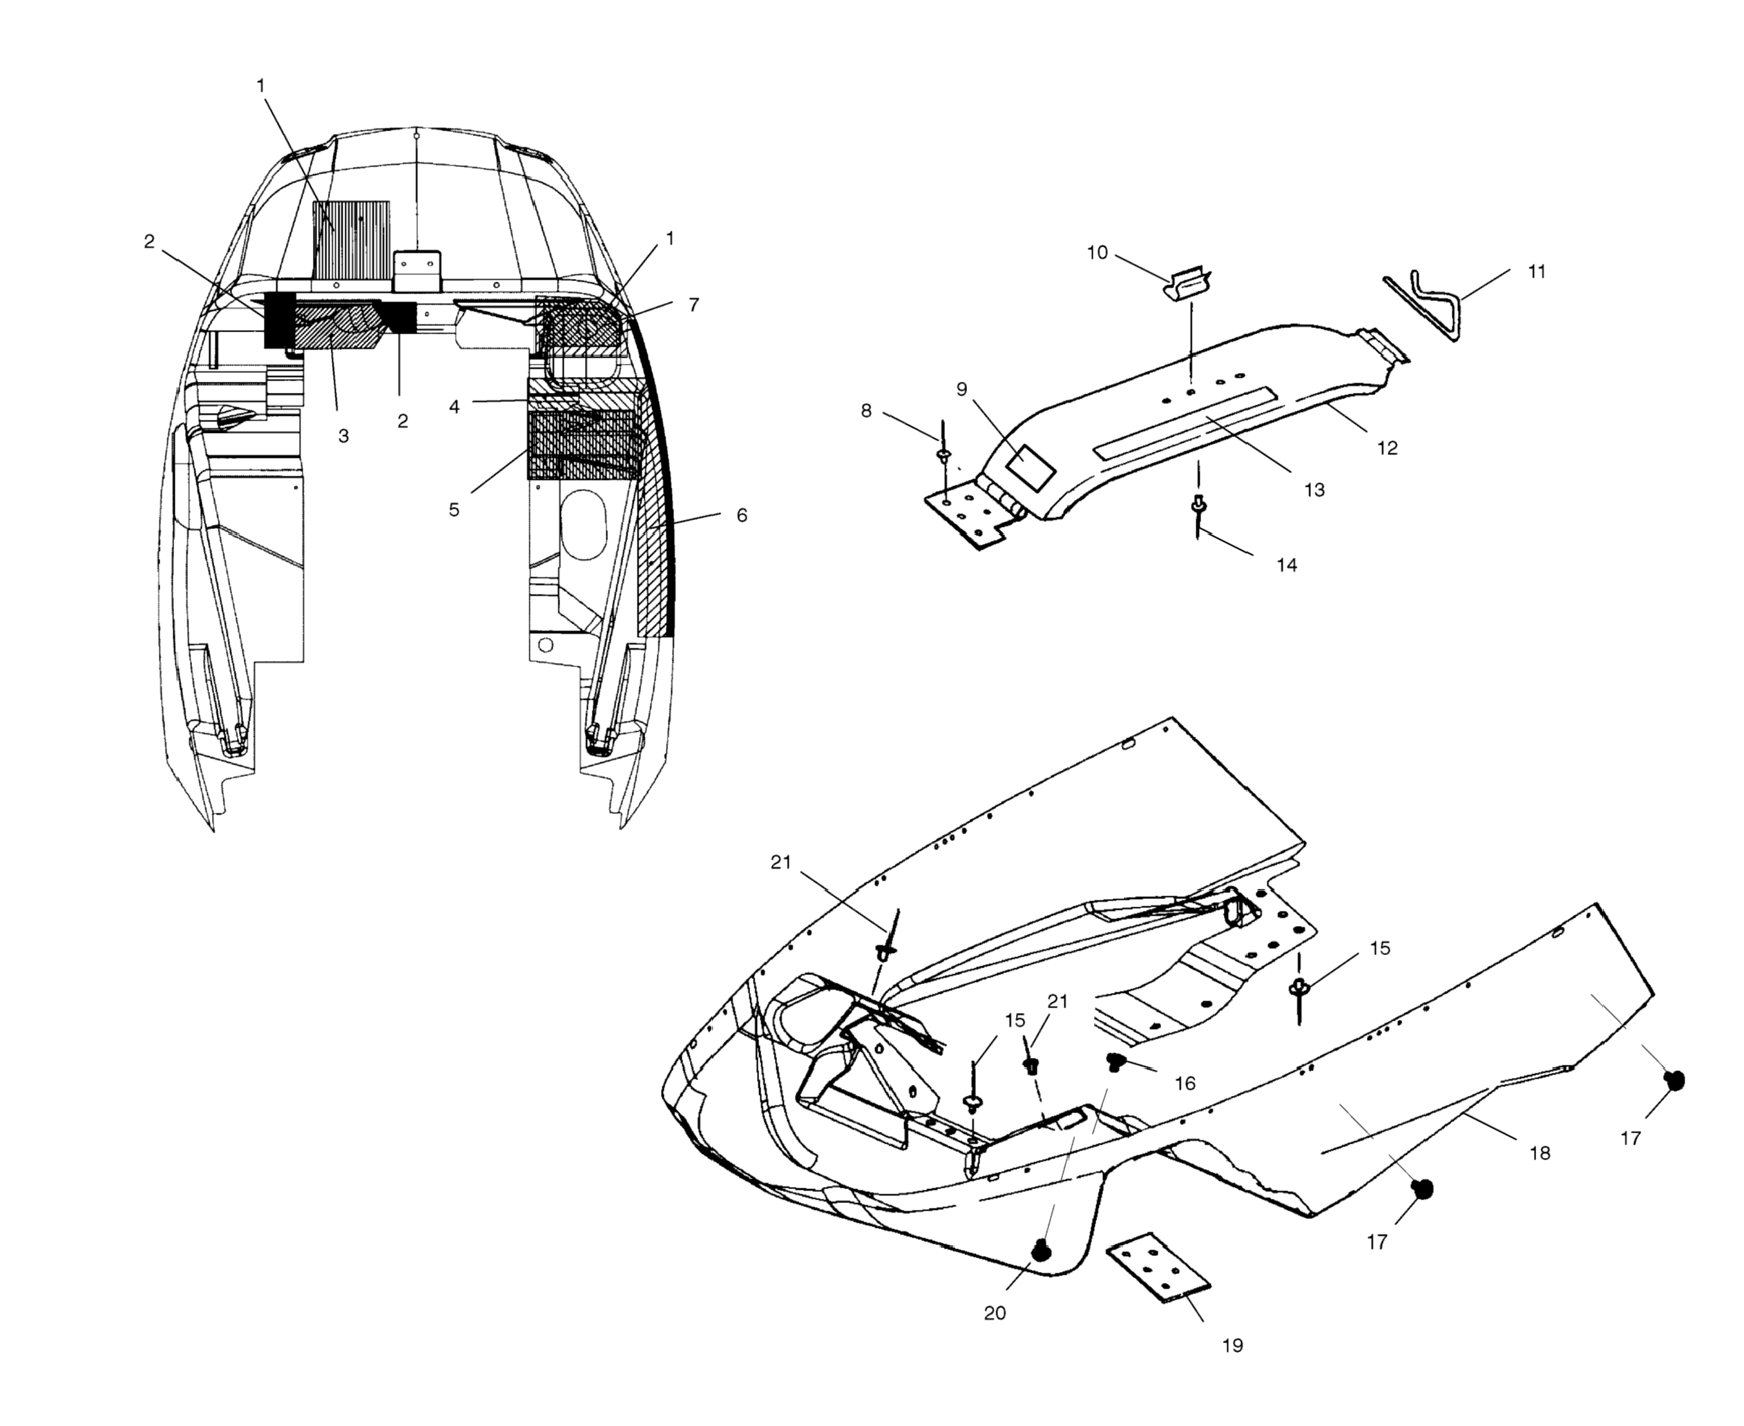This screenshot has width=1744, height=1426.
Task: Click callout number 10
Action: [1097, 252]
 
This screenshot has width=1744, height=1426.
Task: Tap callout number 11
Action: [1536, 272]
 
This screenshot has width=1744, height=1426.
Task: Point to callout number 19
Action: [1232, 1345]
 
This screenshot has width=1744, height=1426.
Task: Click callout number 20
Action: [995, 1313]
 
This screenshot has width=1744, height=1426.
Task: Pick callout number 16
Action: [1185, 1083]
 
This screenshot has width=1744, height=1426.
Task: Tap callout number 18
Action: [1540, 1153]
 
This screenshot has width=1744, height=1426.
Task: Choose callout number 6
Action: [741, 515]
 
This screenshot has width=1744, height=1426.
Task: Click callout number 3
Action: [343, 436]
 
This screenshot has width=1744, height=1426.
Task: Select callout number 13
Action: [1314, 490]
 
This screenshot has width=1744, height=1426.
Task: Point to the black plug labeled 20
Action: [1041, 1250]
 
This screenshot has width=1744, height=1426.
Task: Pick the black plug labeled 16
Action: [1115, 1061]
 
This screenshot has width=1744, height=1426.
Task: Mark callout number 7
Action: [693, 305]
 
